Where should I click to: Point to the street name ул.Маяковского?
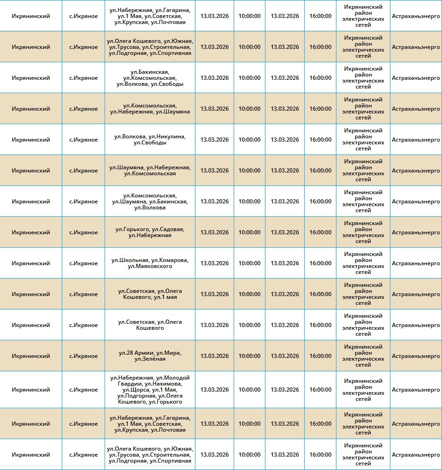point(150,266)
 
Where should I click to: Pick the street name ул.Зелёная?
point(150,359)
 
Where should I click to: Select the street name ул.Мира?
point(169,353)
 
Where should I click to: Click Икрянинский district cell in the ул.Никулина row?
point(31,139)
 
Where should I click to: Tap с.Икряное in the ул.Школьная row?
point(83,263)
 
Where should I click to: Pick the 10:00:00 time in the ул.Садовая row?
point(249,232)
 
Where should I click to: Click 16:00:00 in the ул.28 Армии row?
point(320,356)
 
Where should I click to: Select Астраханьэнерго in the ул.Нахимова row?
point(416,390)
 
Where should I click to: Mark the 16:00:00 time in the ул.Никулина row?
point(320,139)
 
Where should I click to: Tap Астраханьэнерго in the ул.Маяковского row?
point(416,263)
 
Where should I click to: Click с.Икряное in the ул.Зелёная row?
point(83,356)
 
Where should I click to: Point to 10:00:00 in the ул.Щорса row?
point(249,390)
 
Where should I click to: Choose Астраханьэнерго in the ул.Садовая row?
point(416,232)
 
